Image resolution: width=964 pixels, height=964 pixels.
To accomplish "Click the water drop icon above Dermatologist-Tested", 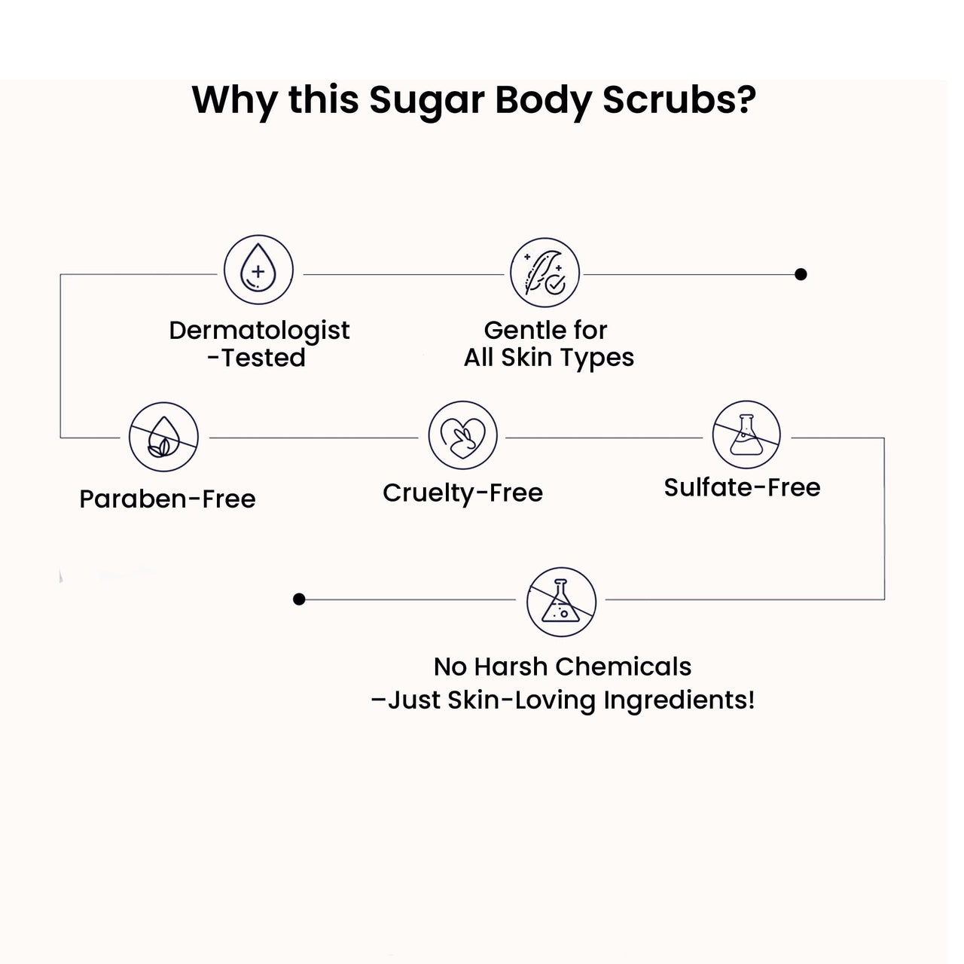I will [x=258, y=270].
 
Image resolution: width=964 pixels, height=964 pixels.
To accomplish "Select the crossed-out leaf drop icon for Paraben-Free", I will [x=163, y=437].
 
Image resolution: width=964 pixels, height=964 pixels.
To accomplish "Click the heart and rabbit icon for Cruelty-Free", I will [x=462, y=435].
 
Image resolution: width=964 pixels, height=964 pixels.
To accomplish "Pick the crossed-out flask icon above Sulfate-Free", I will [x=746, y=435].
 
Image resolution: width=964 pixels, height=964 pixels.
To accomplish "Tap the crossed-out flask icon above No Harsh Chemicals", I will [x=561, y=602].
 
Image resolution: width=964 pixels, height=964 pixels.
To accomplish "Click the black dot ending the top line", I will [x=801, y=274].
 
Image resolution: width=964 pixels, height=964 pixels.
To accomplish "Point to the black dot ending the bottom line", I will [x=299, y=599].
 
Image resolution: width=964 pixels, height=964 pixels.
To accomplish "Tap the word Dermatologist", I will [x=259, y=330].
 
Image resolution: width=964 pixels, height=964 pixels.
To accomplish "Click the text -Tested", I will [x=256, y=358].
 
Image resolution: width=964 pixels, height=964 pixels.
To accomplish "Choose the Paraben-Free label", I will [x=167, y=499].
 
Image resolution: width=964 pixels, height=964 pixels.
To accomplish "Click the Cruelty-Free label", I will [x=462, y=493].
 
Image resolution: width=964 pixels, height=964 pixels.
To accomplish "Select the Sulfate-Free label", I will [x=742, y=487].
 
